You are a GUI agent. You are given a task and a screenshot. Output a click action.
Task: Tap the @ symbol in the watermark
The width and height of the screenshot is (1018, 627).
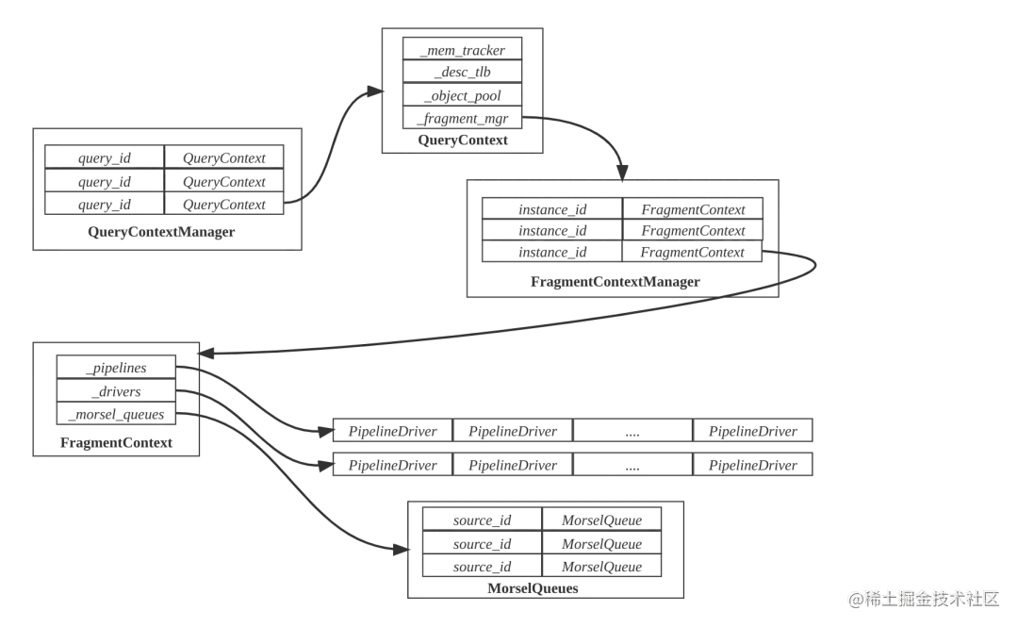(854, 599)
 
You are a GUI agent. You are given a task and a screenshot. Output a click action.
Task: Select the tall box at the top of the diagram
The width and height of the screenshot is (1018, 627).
(463, 91)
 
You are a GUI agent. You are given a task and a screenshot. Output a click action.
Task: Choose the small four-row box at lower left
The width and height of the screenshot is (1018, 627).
(117, 400)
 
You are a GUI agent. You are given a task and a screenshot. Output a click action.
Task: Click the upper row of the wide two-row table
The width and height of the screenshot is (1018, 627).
(572, 431)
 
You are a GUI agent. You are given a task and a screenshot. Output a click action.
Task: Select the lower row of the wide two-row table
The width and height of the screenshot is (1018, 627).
(572, 463)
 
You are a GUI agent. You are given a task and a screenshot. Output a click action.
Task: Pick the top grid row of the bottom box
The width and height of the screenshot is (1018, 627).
(545, 520)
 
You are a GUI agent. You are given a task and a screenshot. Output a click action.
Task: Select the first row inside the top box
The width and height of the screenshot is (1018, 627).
(463, 48)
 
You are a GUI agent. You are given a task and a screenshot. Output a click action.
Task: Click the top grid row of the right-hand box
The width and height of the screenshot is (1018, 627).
(622, 207)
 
